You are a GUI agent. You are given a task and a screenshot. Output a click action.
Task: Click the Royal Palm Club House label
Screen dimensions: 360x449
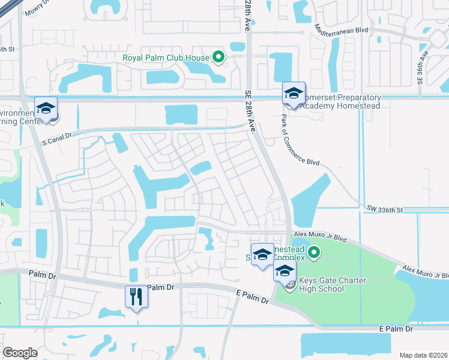166,58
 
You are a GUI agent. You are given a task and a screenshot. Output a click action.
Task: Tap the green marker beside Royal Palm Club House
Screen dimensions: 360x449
218,58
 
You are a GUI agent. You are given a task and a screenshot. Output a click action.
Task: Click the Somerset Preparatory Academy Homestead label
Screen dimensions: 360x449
340,101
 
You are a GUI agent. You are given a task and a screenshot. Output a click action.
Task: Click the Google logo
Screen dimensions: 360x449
20,353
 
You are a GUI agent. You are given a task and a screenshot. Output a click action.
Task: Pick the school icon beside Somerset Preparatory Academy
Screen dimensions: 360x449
294,94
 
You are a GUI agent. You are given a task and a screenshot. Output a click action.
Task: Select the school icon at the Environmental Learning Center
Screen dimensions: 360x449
46,109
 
